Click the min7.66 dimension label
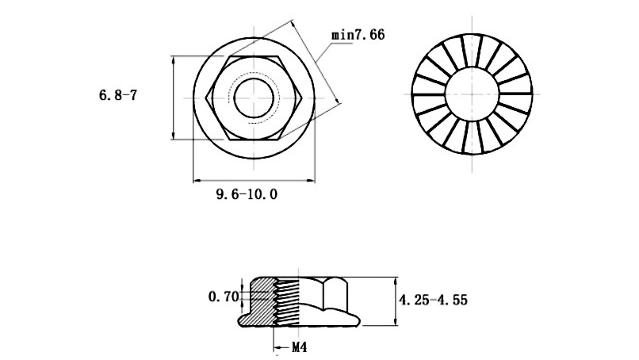[358, 35]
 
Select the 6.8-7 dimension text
[118, 95]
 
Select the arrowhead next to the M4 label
[278, 347]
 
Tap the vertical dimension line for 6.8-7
[174, 97]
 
